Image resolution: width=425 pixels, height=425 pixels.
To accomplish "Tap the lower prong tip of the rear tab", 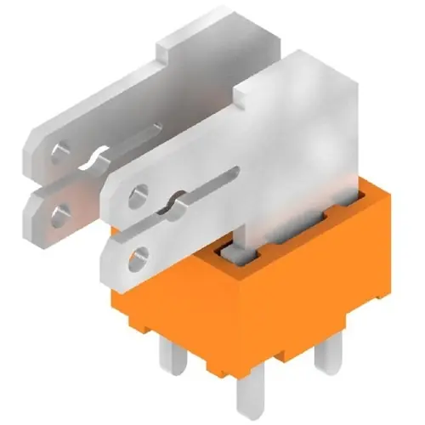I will coord(38,212).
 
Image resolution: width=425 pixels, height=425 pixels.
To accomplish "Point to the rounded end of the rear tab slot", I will coord(157,127).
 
